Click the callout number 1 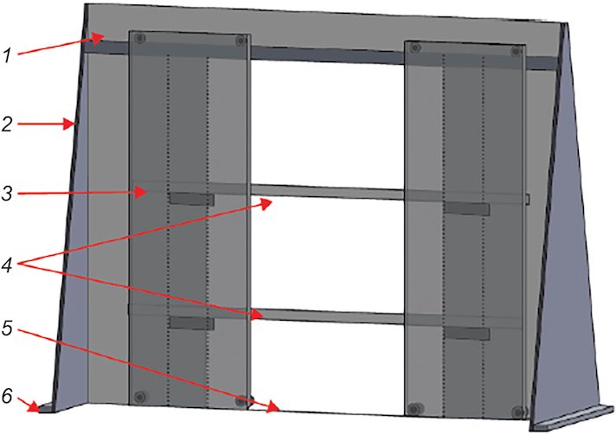pos(7,55)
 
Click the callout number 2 pos(7,124)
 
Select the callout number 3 pos(7,194)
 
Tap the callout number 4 pos(7,265)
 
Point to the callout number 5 pos(7,328)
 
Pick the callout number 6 pos(7,396)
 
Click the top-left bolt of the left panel pos(140,38)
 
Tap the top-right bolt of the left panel pos(241,41)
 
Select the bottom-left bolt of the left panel pos(140,397)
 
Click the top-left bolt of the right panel pos(414,48)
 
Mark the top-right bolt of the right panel pos(516,51)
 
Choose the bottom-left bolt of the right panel pos(414,409)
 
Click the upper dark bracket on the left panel pos(192,199)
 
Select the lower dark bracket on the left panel pos(192,323)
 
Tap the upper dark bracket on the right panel pos(466,208)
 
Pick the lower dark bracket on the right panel pos(466,334)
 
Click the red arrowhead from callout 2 pos(70,124)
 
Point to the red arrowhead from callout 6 pos(34,408)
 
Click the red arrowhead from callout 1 pos(99,37)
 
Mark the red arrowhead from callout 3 pos(141,192)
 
